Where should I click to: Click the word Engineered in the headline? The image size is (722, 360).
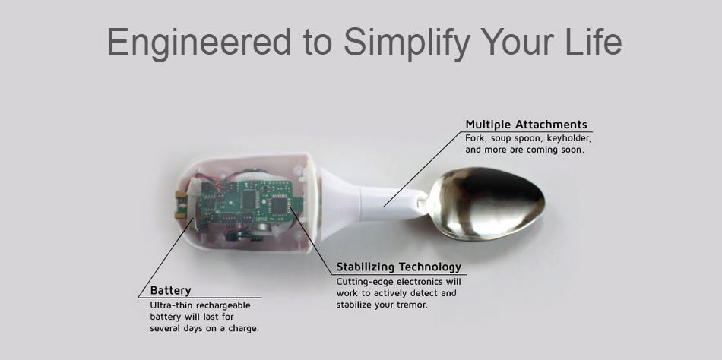point(199,43)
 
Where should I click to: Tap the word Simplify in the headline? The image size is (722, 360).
point(407,43)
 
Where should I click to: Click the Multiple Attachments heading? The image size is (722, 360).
point(527,125)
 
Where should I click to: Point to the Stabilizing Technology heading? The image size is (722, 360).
point(398,267)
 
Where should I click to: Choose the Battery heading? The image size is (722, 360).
point(170,290)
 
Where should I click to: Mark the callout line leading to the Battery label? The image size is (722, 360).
point(166,257)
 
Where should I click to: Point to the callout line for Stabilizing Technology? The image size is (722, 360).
point(311,240)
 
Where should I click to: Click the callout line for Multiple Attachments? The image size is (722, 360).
point(421,169)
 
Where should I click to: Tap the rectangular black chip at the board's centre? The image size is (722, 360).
point(249,198)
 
